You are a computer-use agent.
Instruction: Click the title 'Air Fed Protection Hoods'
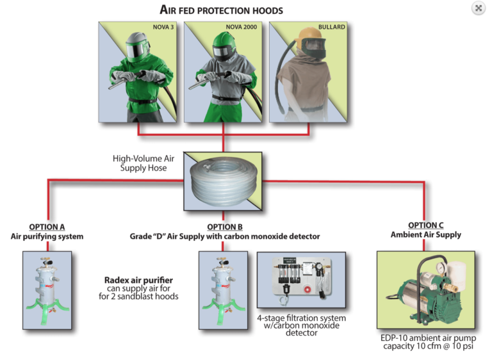(x=221, y=10)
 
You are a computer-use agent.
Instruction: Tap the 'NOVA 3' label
(x=163, y=28)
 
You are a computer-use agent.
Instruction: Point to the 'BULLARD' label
(x=333, y=28)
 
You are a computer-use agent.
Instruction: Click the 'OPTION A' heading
(x=47, y=227)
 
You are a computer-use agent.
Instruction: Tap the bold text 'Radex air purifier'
(x=138, y=280)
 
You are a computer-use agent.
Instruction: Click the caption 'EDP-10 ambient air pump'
(x=425, y=338)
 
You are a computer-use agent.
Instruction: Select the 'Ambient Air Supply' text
(x=425, y=234)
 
